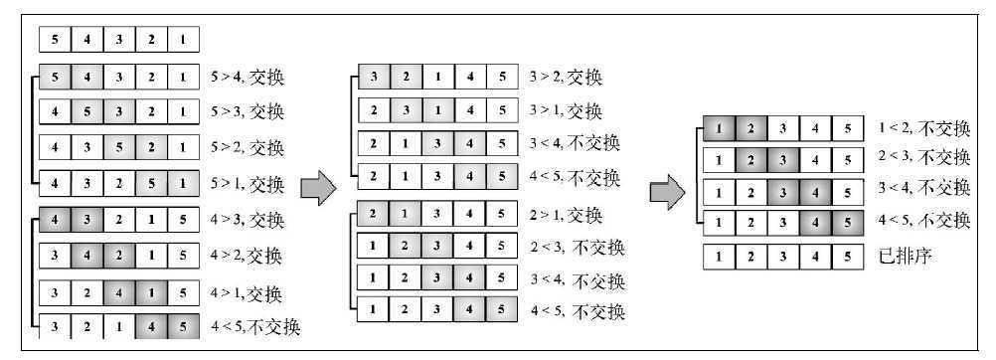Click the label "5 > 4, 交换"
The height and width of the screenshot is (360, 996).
click(x=248, y=75)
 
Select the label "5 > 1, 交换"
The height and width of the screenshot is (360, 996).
click(x=248, y=184)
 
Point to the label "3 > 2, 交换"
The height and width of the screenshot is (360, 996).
click(x=566, y=77)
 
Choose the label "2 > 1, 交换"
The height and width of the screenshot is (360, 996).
click(x=566, y=214)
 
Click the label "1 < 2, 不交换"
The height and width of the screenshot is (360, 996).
click(x=923, y=128)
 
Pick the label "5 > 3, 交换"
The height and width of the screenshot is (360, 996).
click(x=248, y=110)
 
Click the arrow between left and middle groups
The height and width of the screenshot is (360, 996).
click(x=316, y=186)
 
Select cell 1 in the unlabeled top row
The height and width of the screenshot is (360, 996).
click(x=184, y=40)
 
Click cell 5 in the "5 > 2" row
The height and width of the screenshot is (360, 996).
click(x=119, y=148)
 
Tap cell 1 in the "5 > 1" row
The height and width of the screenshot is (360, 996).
click(x=184, y=184)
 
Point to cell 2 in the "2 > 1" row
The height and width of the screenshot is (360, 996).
click(x=373, y=214)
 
